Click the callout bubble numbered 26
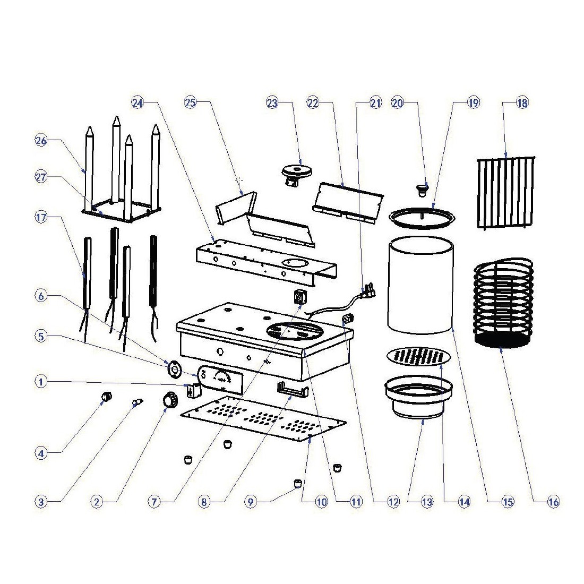[x=41, y=141]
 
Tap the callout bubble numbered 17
[x=41, y=217]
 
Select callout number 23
[x=272, y=104]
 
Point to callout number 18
[x=522, y=104]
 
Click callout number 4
[x=41, y=453]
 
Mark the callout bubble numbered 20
[x=398, y=104]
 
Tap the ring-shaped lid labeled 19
[x=423, y=217]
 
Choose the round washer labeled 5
[x=173, y=368]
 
